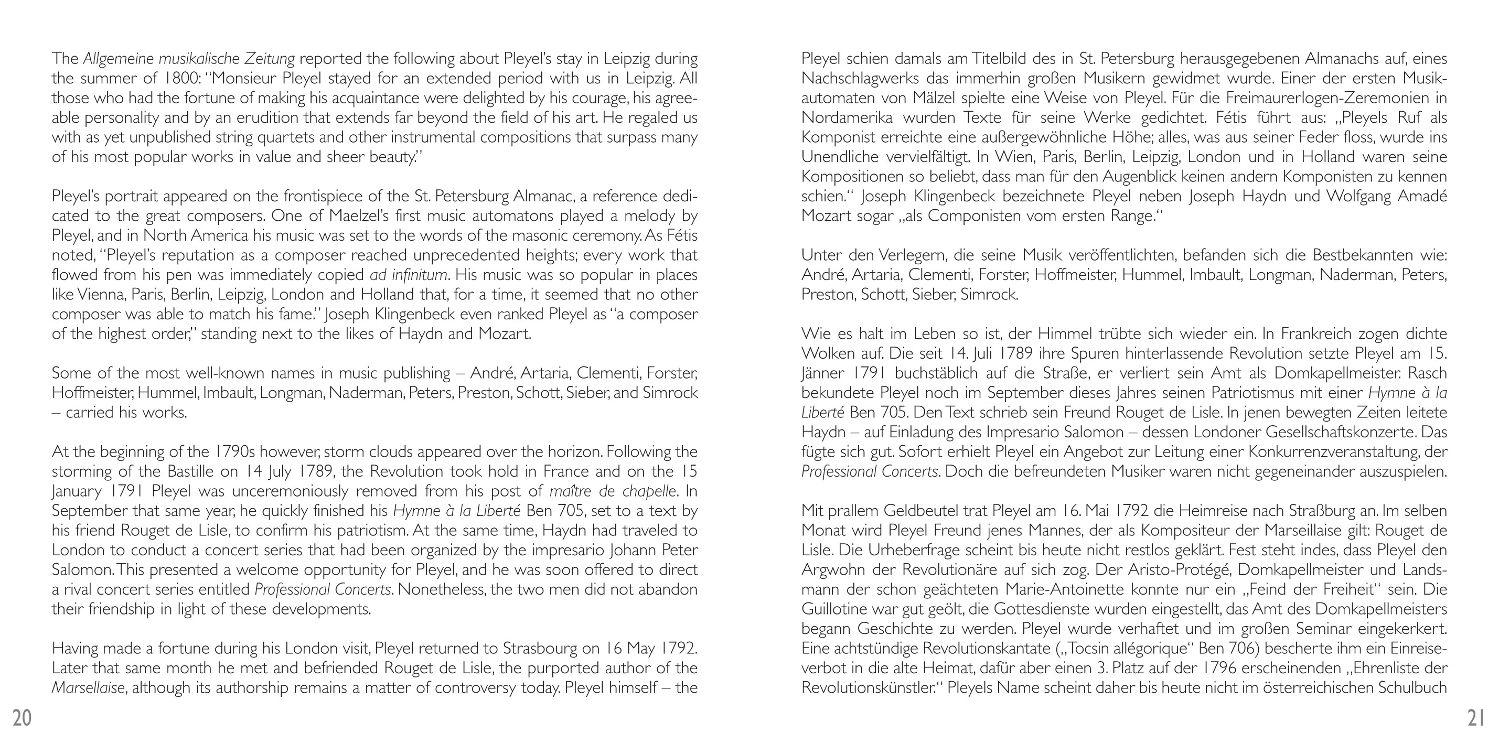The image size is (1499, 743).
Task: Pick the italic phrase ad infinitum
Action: click(x=410, y=275)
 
